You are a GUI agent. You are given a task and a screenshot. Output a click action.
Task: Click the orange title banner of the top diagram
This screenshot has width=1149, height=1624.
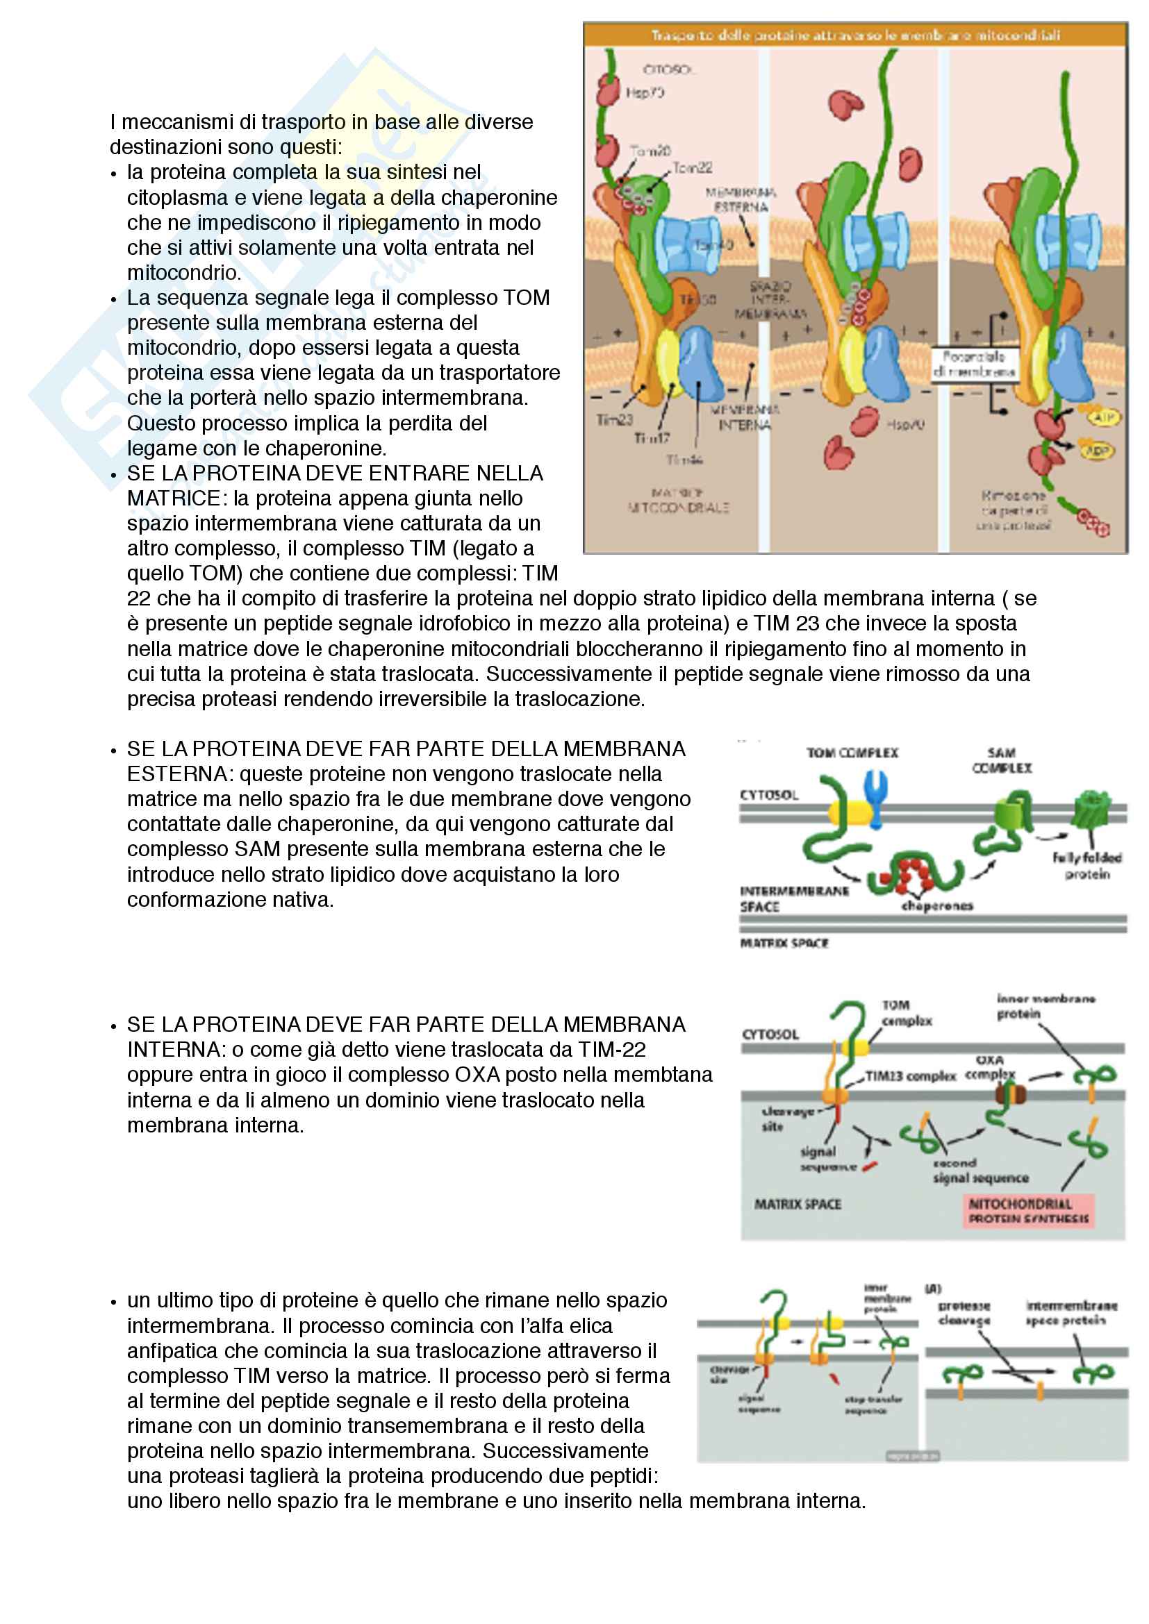coord(854,35)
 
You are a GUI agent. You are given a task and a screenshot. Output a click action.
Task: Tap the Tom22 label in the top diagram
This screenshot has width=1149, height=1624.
coord(692,167)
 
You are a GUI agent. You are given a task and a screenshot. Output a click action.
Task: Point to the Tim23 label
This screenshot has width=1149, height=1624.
coord(614,420)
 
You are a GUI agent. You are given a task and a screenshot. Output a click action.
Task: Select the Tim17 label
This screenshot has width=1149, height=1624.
coord(652,439)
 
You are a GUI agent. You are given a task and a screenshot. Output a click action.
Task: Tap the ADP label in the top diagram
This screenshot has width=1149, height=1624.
coord(1098,451)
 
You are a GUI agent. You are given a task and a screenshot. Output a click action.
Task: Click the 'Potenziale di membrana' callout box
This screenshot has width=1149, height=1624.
coord(973,364)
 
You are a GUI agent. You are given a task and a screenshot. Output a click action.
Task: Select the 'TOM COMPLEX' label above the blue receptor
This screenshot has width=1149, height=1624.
coord(852,753)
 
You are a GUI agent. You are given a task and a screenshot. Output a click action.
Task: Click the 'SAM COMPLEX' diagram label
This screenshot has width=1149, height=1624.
coord(1002,760)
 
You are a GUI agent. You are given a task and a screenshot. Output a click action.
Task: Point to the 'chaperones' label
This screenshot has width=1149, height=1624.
coord(936,906)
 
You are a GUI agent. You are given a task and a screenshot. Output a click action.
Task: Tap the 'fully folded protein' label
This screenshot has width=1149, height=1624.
coord(1086,866)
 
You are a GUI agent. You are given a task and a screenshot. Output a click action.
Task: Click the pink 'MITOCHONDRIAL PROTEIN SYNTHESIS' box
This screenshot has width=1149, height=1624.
coord(1029,1211)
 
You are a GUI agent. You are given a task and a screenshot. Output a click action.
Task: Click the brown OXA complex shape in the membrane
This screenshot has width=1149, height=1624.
coord(1010,1095)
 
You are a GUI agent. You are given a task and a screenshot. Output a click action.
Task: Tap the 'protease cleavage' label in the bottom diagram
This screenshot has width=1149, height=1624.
coord(964,1313)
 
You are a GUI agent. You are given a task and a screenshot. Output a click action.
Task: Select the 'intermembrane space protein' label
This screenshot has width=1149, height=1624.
coord(1071,1313)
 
